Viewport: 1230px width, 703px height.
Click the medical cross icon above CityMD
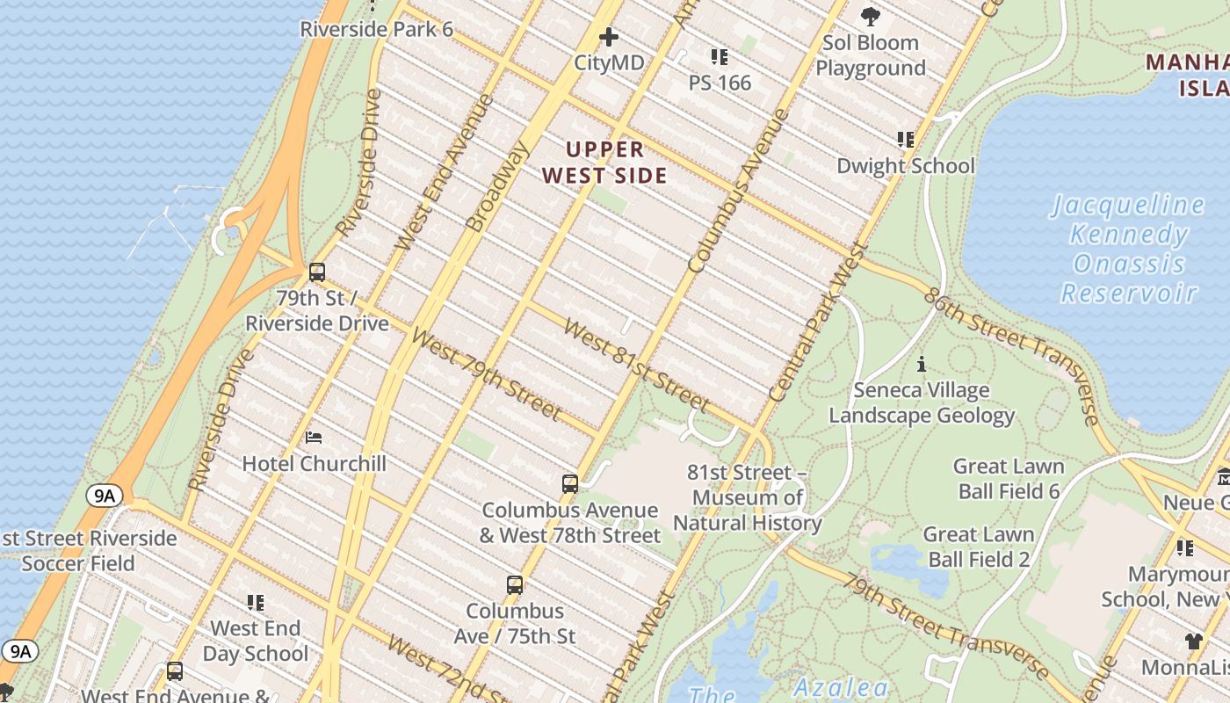point(608,37)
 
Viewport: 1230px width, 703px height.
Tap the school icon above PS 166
point(720,57)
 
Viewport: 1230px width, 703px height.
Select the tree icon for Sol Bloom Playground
point(871,16)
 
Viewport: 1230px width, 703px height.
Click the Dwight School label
point(905,165)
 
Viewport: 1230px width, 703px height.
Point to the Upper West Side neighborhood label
point(604,163)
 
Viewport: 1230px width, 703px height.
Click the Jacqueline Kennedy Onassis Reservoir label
point(1128,249)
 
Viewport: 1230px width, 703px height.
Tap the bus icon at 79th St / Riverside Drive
point(317,272)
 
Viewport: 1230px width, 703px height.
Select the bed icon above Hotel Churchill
point(314,438)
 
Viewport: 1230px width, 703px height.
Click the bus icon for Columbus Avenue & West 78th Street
point(570,484)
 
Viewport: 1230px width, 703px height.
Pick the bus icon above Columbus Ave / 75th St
point(515,585)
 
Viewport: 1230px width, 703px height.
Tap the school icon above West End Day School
point(256,603)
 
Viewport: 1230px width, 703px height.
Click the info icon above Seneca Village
point(922,364)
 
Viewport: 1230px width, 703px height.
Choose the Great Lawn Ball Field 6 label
point(1009,478)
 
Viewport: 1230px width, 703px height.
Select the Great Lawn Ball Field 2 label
point(978,546)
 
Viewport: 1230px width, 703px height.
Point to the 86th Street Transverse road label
point(1010,355)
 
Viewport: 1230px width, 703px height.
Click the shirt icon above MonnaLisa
point(1193,641)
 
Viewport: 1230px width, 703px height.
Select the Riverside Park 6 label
point(376,29)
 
